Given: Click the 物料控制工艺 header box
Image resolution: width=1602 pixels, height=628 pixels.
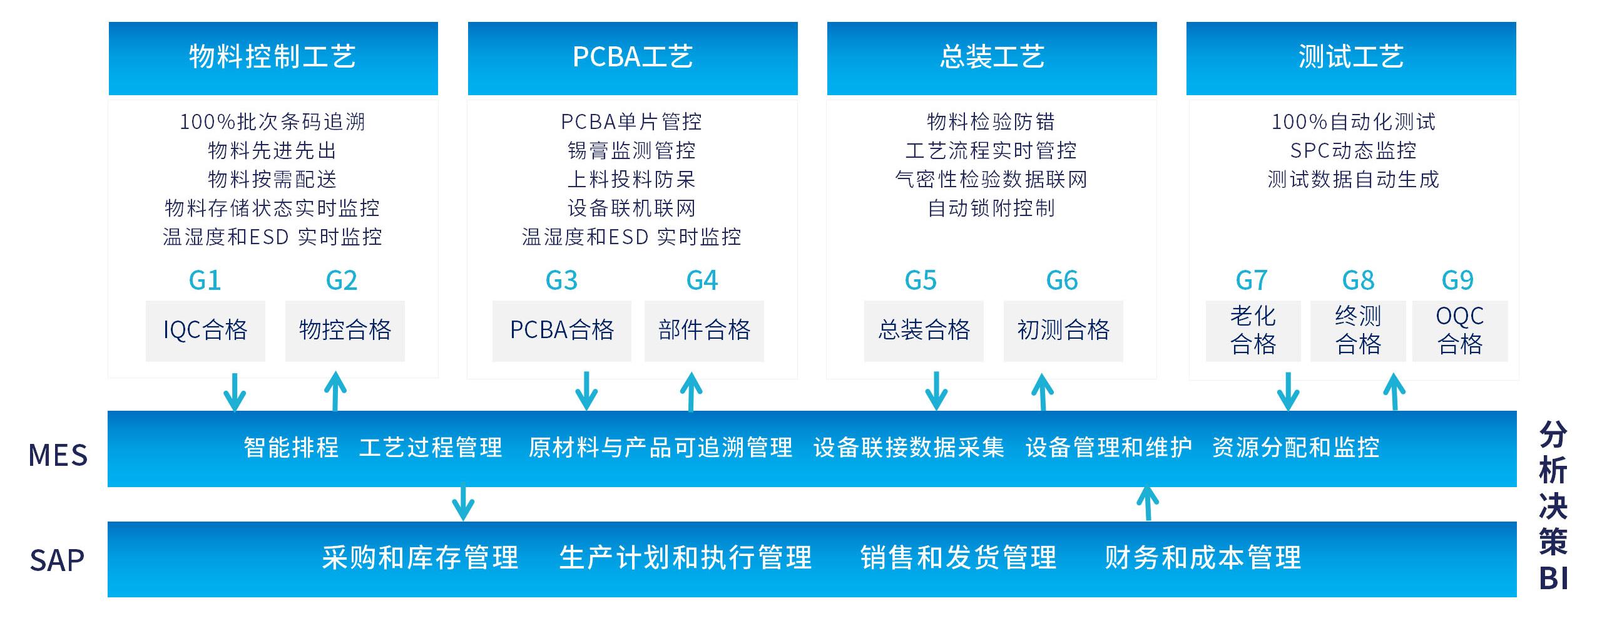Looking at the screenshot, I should [x=273, y=58].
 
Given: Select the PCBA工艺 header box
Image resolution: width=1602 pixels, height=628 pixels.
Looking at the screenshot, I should [x=632, y=58].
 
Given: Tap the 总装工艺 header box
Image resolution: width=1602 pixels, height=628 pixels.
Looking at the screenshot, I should [x=991, y=58].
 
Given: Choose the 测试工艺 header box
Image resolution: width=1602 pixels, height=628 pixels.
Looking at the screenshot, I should [x=1350, y=58].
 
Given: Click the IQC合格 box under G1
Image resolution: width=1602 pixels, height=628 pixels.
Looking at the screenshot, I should [x=205, y=331].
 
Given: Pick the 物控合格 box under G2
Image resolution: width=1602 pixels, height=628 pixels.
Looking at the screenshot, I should [x=345, y=331].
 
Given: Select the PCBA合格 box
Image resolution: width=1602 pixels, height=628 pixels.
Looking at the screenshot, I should [x=561, y=331].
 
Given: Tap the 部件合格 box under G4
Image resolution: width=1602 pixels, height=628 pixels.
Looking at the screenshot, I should [x=704, y=331].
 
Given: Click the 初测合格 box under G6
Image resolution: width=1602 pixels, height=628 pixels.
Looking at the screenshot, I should [x=1063, y=331].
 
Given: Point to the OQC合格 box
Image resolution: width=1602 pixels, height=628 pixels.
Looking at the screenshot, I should [x=1459, y=331].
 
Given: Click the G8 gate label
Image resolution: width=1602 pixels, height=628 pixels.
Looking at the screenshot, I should [x=1358, y=281].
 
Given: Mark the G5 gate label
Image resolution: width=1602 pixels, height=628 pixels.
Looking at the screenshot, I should [x=921, y=281].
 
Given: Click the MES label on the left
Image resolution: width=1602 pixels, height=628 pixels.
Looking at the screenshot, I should [x=58, y=455].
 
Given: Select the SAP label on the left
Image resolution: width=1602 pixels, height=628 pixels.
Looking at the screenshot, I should [x=56, y=560].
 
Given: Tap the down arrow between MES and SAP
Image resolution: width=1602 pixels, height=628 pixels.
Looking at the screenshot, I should [x=462, y=503].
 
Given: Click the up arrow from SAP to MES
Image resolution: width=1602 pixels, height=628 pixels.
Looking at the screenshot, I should [x=1147, y=503].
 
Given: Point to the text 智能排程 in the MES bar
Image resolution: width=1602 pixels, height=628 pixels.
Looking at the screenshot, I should [x=291, y=448].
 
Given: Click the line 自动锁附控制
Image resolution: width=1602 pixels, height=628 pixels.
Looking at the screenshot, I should [x=991, y=208].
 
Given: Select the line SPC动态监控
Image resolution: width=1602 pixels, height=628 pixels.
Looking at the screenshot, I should [x=1353, y=150].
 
